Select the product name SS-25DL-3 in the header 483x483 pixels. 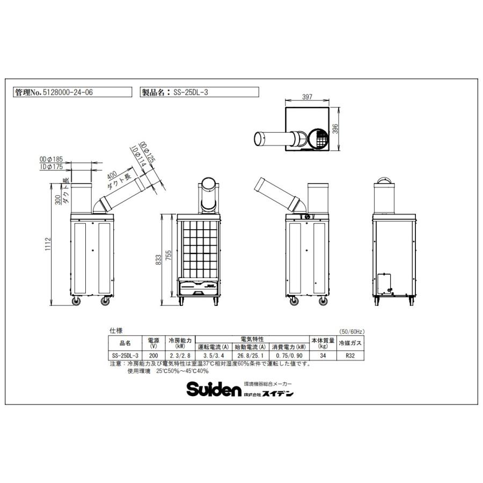point(191,92)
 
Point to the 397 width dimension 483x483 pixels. point(307,97)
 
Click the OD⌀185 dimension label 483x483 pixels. point(51,159)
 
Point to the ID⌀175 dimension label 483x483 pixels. point(52,167)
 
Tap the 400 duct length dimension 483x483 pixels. point(112,176)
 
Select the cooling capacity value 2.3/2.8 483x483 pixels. point(179,355)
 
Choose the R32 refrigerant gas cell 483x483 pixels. point(351,355)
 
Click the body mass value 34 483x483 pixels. point(322,355)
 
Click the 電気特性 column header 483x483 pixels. point(251,339)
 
